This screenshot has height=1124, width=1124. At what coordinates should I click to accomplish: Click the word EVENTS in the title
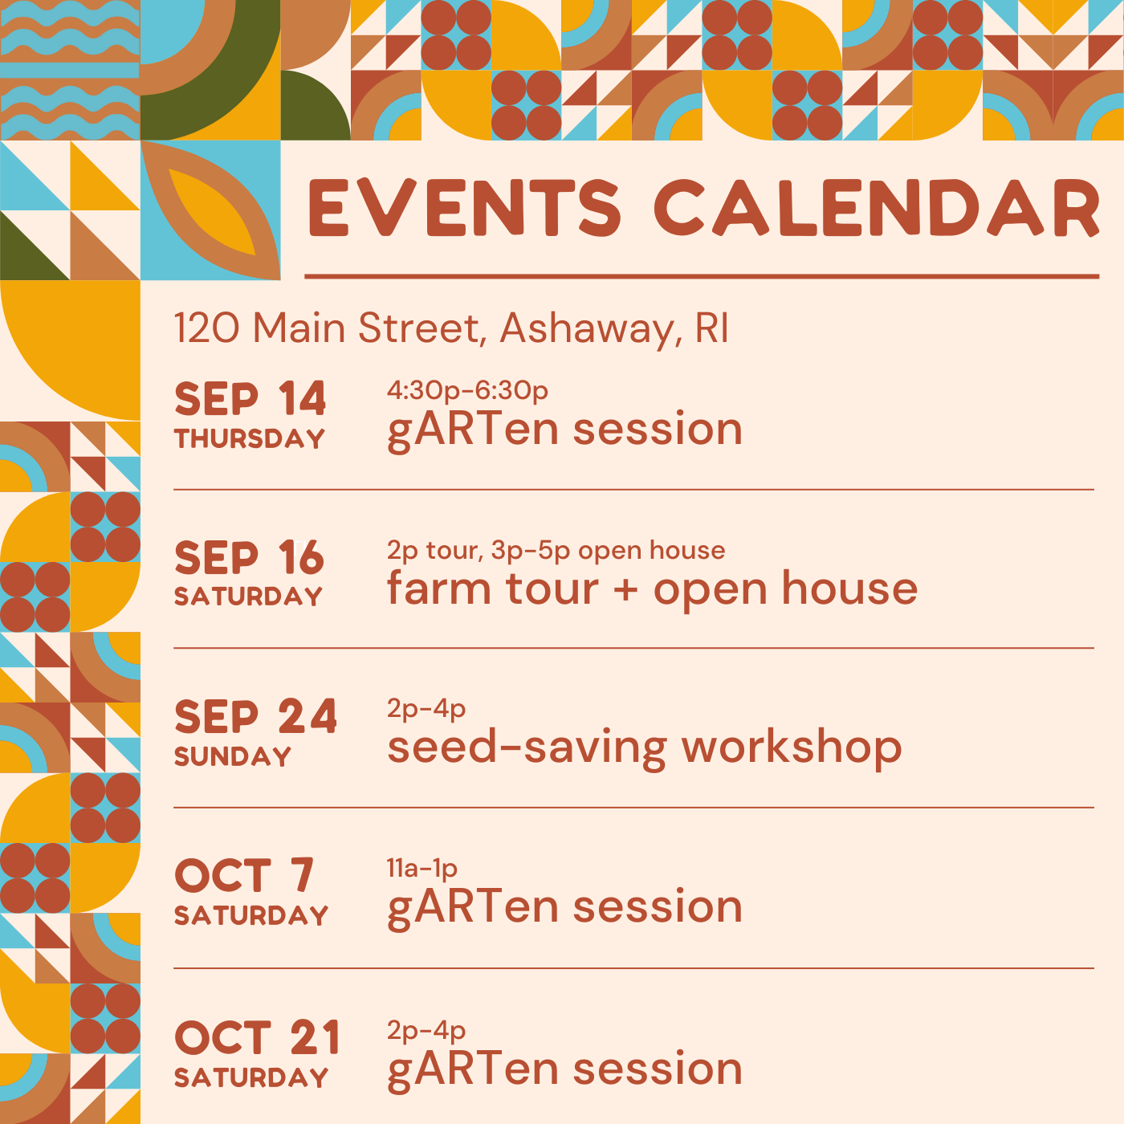pos(465,208)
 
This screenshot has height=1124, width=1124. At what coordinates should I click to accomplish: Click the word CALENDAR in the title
pos(877,208)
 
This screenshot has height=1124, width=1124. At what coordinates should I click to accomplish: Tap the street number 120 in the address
pos(206,328)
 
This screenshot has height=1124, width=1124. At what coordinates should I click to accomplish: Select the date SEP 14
pos(250,399)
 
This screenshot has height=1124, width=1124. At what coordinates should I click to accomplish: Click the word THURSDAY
pos(250,438)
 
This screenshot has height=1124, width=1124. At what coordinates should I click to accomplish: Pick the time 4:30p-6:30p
pos(467,390)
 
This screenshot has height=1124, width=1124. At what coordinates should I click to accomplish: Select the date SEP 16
pos(249,558)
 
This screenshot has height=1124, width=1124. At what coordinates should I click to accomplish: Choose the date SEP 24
pos(255,716)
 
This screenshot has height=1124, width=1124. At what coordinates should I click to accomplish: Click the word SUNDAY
pos(233,756)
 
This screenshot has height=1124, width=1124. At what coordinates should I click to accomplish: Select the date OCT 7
pos(244,876)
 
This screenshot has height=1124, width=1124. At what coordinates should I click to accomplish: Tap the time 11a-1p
pos(422,869)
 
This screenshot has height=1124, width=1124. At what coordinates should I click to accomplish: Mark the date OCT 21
pos(257,1037)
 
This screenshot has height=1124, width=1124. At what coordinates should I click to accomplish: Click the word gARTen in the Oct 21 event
pos(474,1069)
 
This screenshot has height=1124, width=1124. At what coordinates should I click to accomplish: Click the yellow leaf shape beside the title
pos(212,212)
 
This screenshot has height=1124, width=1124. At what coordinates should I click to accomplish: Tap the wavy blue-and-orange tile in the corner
pos(70,70)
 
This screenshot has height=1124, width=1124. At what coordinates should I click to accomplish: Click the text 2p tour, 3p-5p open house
pos(556,550)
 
